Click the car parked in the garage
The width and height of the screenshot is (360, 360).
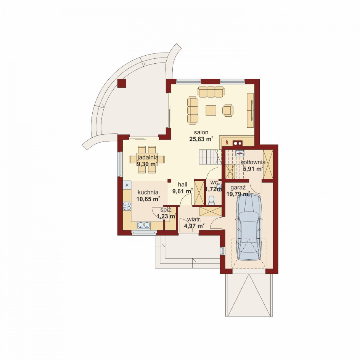click(249, 227)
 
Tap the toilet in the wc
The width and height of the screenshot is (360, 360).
click(211, 200)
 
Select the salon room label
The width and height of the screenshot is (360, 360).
click(201, 132)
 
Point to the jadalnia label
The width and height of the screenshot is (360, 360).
click(148, 157)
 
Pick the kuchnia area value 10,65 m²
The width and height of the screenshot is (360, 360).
click(148, 199)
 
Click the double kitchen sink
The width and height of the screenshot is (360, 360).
click(144, 226)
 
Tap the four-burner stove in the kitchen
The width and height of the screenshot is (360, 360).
click(127, 206)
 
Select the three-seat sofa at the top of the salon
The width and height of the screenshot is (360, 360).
click(211, 92)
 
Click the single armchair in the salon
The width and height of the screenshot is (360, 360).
click(228, 110)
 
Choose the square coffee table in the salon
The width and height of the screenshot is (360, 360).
click(211, 110)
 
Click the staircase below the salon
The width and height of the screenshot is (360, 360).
click(208, 157)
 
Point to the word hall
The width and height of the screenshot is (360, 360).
click(183, 184)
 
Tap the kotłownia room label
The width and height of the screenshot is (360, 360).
click(253, 162)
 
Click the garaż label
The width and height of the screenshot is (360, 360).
click(238, 188)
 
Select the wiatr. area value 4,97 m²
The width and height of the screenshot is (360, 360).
click(194, 226)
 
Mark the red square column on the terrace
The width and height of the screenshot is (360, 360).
click(122, 84)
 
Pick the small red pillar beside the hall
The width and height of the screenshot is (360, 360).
click(169, 181)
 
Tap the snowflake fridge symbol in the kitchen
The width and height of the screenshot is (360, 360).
click(126, 185)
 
